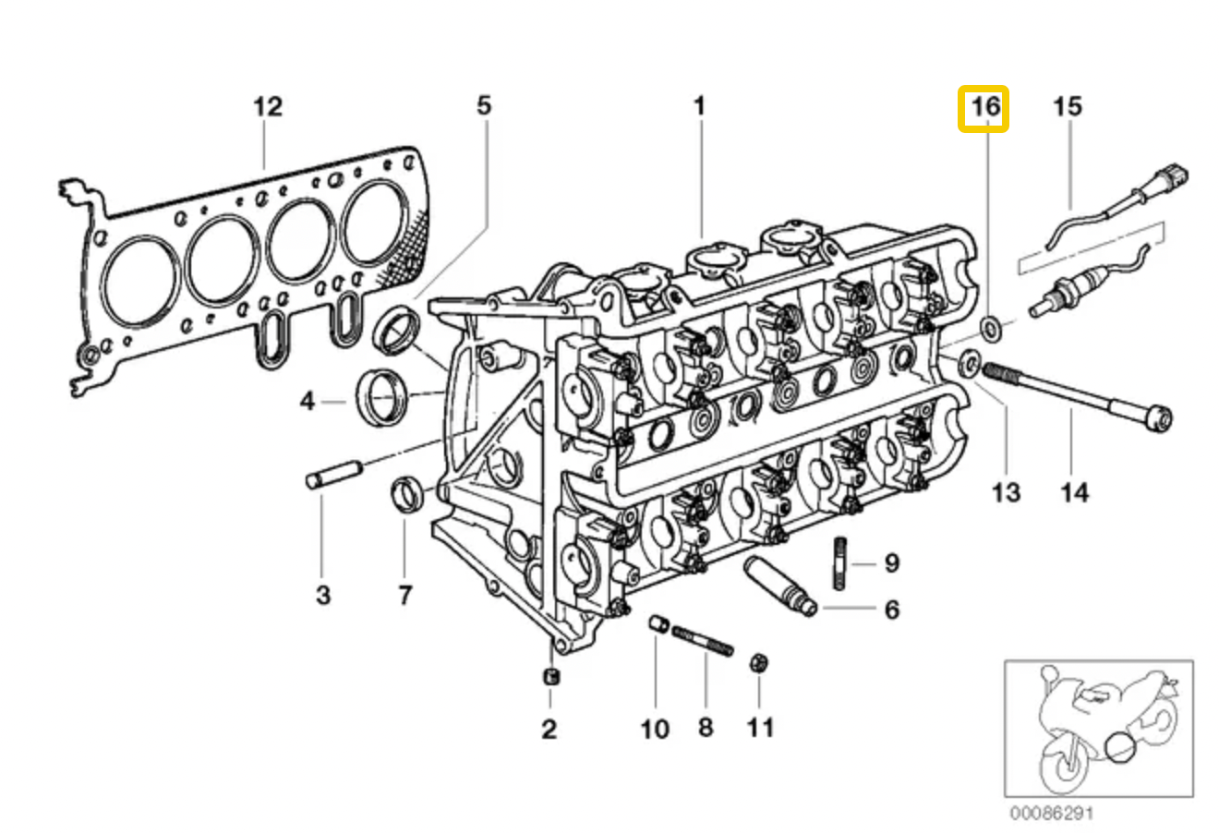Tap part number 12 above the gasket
(x=267, y=107)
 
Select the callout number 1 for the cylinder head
(x=699, y=105)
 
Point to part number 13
(x=1006, y=491)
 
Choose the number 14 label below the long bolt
(x=1073, y=491)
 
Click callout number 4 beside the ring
(x=308, y=402)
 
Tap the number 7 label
(x=405, y=595)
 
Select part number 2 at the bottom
(x=549, y=730)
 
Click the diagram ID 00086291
(x=1051, y=815)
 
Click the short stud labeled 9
(x=841, y=562)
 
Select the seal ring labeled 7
(x=407, y=494)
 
